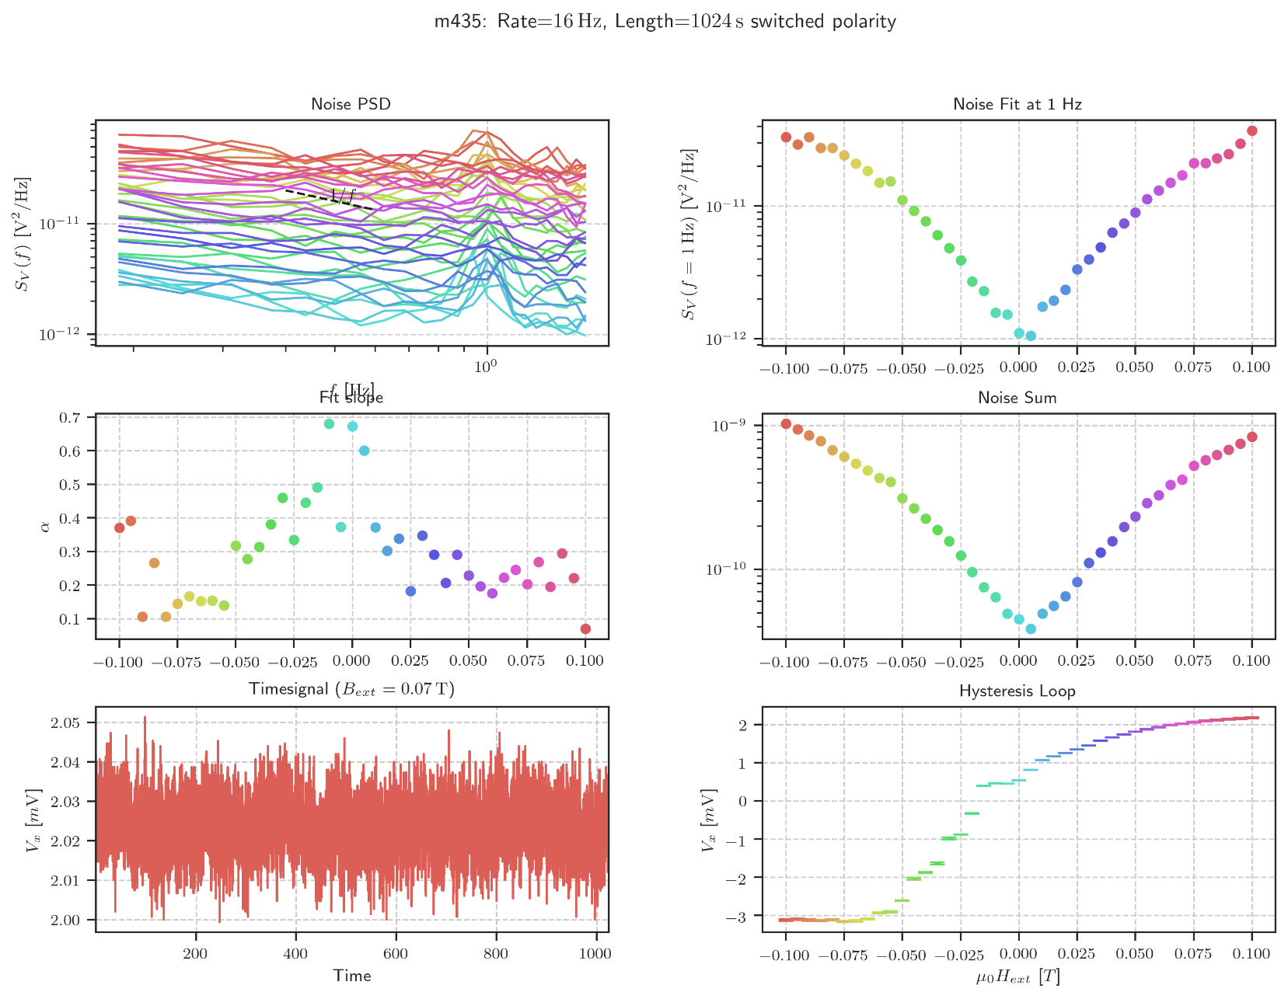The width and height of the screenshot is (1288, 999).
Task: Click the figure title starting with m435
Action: pos(665,21)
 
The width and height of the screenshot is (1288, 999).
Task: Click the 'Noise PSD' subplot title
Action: pos(351,104)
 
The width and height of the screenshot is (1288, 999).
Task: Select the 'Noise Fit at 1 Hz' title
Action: pos(1017,104)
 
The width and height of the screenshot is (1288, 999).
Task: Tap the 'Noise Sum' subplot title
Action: pos(1017,398)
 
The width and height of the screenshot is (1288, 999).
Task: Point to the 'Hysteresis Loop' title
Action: pos(1017,691)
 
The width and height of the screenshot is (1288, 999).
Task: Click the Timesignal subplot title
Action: pos(351,689)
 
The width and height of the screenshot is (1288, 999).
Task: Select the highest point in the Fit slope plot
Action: pos(329,424)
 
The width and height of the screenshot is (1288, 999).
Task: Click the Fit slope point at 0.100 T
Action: pos(585,628)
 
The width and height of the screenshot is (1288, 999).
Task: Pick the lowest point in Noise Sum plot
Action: pos(1031,628)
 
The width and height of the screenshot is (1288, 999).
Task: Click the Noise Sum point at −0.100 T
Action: pos(786,424)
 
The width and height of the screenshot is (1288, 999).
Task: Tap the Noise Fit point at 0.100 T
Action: pos(1251,131)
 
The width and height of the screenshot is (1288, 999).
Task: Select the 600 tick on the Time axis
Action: pos(396,954)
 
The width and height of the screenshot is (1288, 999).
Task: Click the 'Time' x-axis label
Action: pos(351,976)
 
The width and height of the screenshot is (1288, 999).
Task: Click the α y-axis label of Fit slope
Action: pos(44,527)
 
